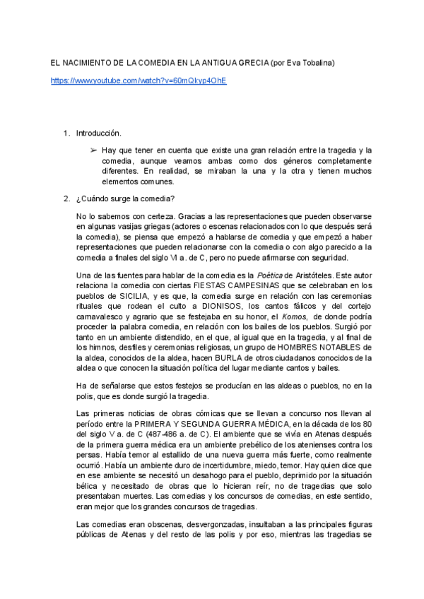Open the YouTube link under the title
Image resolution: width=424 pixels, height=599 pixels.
pyautogui.click(x=139, y=81)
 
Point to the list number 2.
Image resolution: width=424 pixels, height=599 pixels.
pyautogui.click(x=67, y=198)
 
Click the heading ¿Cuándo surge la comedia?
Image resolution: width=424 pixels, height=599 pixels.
pyautogui.click(x=126, y=198)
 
